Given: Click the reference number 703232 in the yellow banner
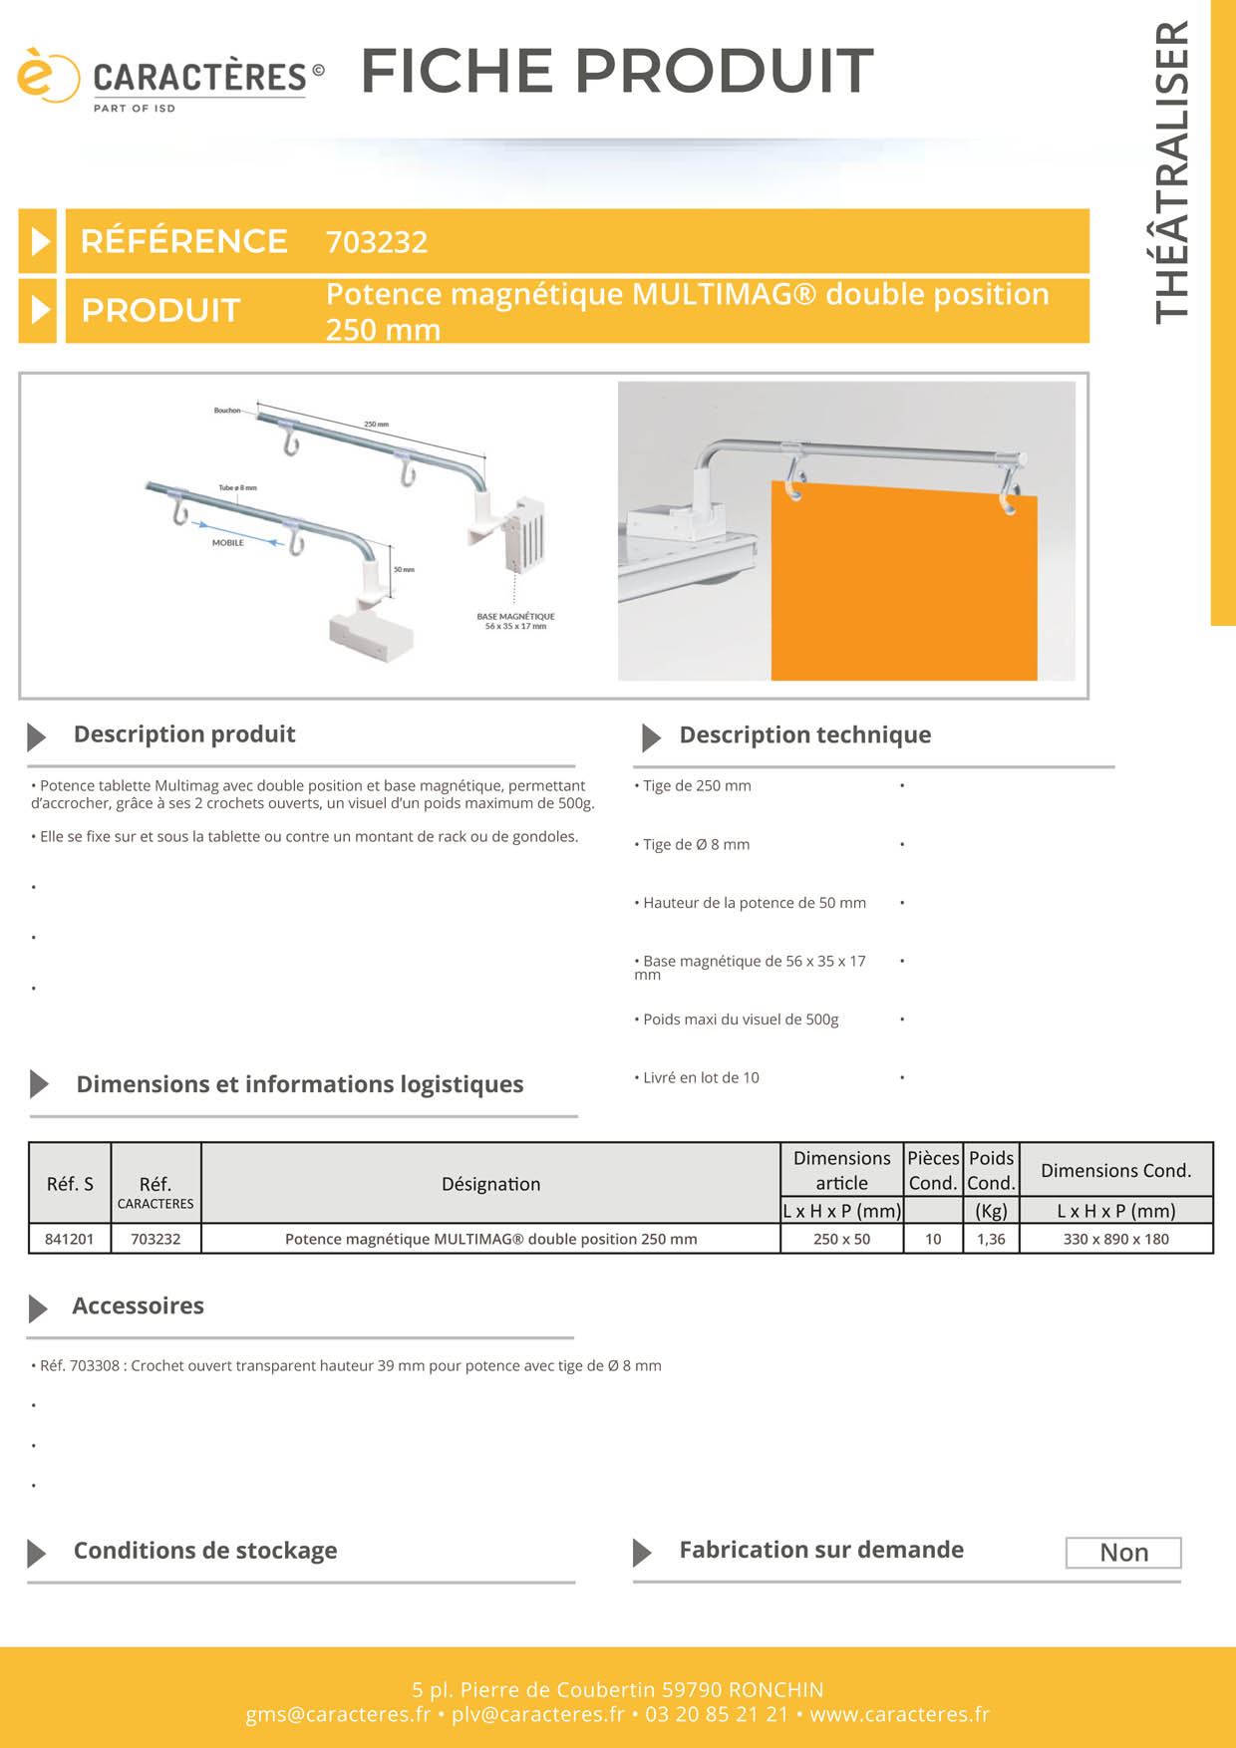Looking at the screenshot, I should coord(377,242).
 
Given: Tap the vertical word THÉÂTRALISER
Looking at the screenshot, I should coord(1173,171).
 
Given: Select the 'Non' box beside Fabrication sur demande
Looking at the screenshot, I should coord(1123,1553).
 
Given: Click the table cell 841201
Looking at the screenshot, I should coord(70,1239).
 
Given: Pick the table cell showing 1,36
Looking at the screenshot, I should coord(991,1239).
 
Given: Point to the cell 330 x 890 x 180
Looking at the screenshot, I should coord(1115,1239).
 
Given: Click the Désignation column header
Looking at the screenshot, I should coord(490,1184).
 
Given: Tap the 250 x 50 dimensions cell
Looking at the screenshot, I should coord(841,1239).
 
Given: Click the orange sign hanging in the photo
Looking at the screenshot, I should coord(902,588).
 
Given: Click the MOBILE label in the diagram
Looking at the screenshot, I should coord(227,543).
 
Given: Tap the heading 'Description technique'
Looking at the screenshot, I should coord(804,735).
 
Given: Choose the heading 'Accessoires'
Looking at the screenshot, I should coord(138,1307).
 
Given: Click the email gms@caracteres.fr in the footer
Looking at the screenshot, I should coord(338,1714).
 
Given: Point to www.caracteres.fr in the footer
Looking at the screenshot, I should coord(899,1714).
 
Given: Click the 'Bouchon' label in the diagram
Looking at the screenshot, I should coord(226,411).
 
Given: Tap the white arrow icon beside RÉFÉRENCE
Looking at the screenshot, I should coord(39,241).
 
